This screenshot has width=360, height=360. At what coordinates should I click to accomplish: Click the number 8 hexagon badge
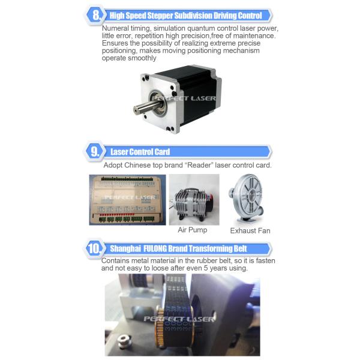95,15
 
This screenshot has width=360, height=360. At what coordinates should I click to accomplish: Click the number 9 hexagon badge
95,152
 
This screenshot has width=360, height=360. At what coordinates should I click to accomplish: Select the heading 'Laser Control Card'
140,152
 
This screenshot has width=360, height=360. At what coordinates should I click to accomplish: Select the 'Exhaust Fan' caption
250,230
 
